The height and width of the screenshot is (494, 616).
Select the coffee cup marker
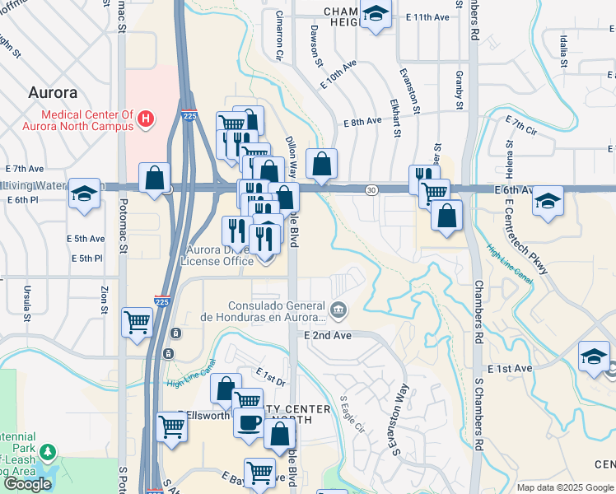pyautogui.click(x=249, y=423)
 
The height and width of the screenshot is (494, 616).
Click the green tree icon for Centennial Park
pyautogui.click(x=49, y=453)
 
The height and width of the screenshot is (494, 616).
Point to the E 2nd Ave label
pyautogui.click(x=327, y=336)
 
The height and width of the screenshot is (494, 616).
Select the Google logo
pyautogui.click(x=27, y=484)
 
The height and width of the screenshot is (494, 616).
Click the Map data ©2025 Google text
pyautogui.click(x=564, y=487)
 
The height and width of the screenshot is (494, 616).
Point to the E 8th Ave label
pyautogui.click(x=362, y=121)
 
